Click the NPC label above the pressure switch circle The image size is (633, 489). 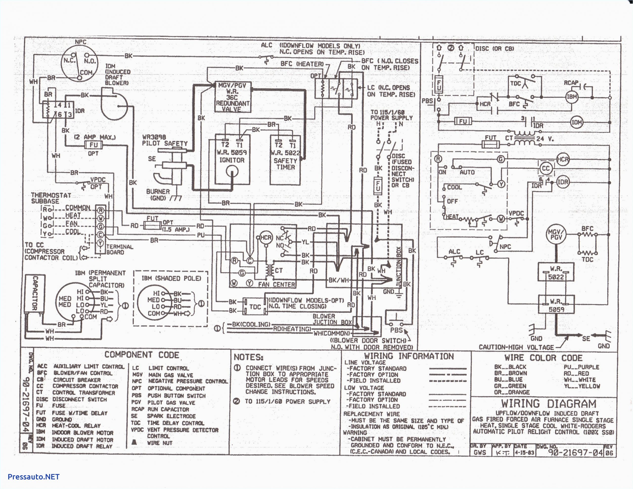pyautogui.click(x=81, y=42)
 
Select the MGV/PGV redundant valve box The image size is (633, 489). pyautogui.click(x=232, y=97)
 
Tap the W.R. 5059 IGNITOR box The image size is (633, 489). pyautogui.click(x=232, y=159)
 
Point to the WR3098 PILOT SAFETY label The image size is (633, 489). pyautogui.click(x=165, y=140)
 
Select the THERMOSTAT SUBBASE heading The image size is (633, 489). pyautogui.click(x=51, y=198)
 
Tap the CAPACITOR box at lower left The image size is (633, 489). pyautogui.click(x=34, y=293)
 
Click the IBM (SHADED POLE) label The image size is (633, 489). pyautogui.click(x=171, y=278)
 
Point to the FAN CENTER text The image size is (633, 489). pyautogui.click(x=276, y=285)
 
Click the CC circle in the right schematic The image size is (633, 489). pyautogui.click(x=546, y=168)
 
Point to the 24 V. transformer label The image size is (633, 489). pyautogui.click(x=545, y=139)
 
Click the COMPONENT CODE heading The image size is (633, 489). pyautogui.click(x=142, y=355)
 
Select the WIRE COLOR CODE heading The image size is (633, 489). pyautogui.click(x=543, y=358)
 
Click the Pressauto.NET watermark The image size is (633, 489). pyautogui.click(x=34, y=477)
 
